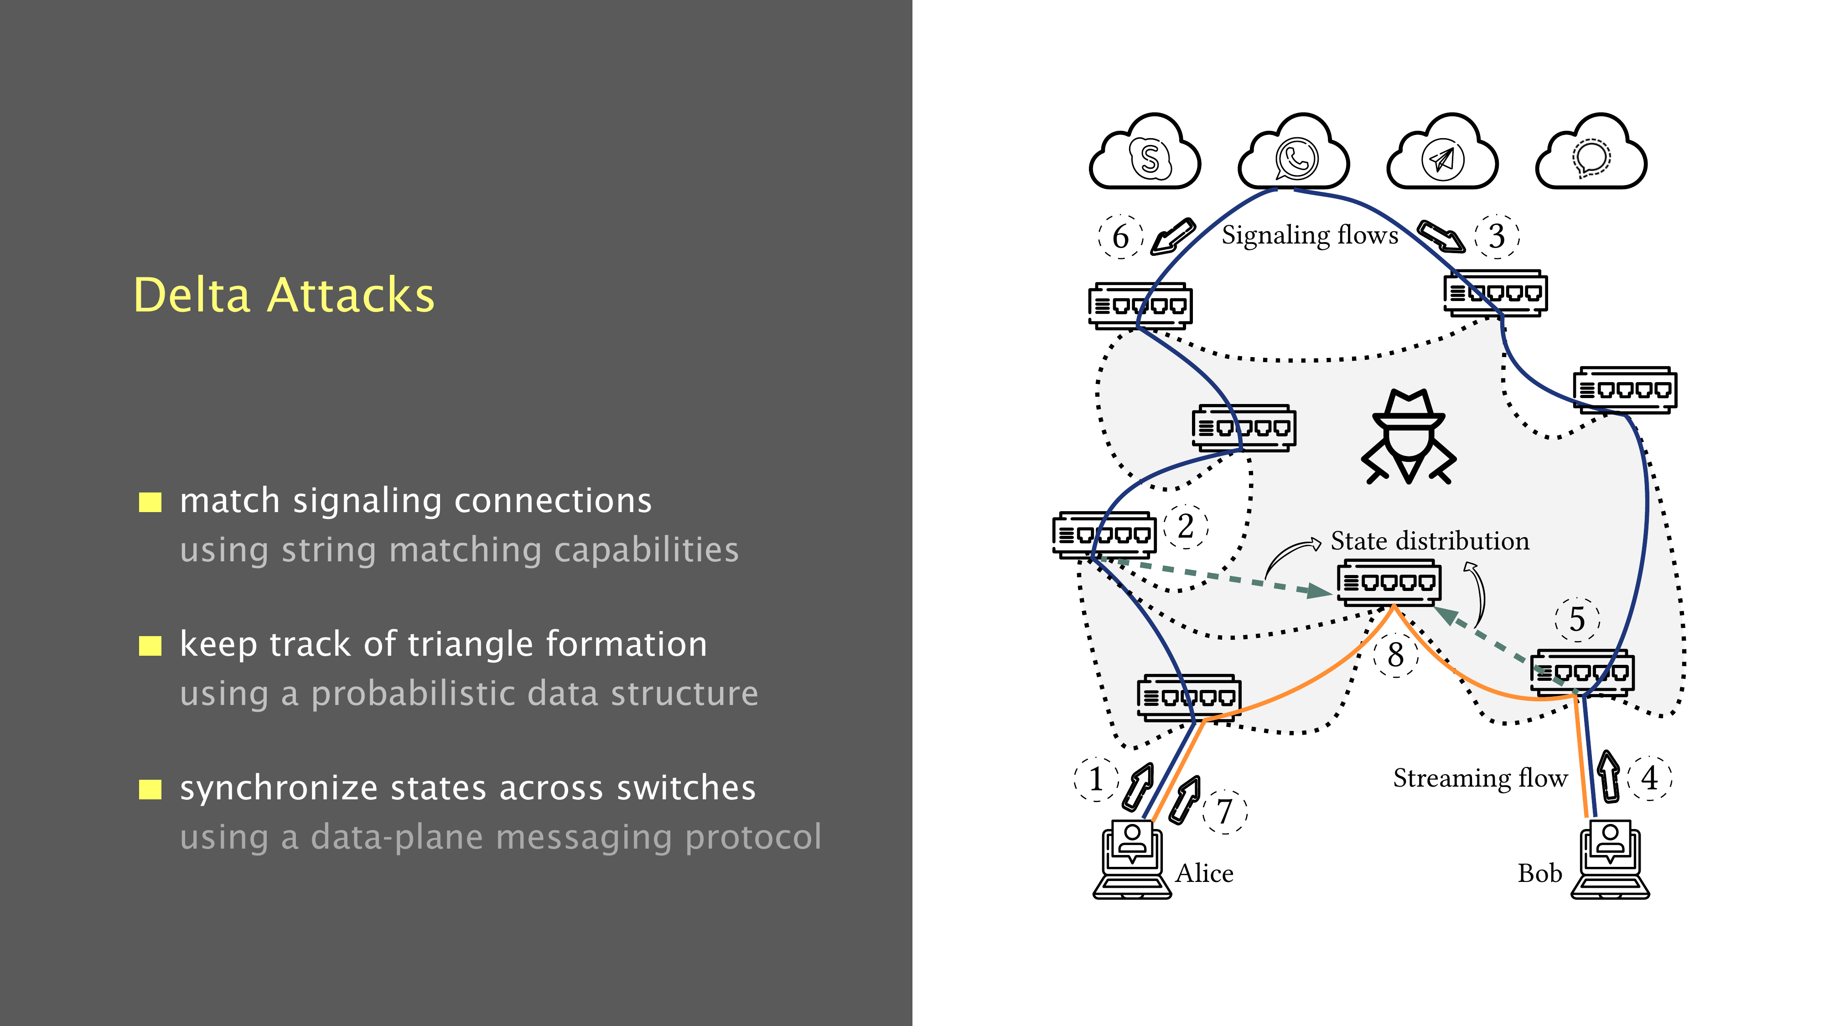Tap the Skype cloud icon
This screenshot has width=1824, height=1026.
(x=1145, y=155)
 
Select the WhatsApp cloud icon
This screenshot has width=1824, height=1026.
(x=1295, y=155)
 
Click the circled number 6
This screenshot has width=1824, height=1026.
(x=1120, y=237)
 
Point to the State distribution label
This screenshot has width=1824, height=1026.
(x=1429, y=541)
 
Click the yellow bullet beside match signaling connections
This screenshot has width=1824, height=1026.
(x=150, y=502)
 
